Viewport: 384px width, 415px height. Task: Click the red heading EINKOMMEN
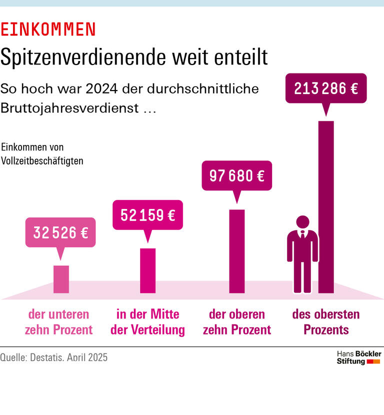point(48,29)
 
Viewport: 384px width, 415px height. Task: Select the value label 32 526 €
point(60,232)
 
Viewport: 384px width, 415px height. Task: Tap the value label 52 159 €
point(147,215)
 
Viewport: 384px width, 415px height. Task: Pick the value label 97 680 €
point(236,176)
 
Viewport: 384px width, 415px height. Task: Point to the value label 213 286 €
point(326,88)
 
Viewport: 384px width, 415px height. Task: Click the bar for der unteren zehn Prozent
point(61,279)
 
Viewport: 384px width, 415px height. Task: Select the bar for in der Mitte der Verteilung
point(147,270)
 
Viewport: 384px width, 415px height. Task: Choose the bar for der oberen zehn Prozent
point(236,251)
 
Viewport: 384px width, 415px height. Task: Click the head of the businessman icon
point(302,221)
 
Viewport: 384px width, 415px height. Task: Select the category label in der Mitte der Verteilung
point(147,322)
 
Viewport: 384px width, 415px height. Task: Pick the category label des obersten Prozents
point(326,322)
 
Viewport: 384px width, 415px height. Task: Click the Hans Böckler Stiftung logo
point(358,357)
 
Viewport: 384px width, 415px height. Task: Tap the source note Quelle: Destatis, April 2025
point(54,357)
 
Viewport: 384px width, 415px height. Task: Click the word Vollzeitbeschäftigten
point(42,161)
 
